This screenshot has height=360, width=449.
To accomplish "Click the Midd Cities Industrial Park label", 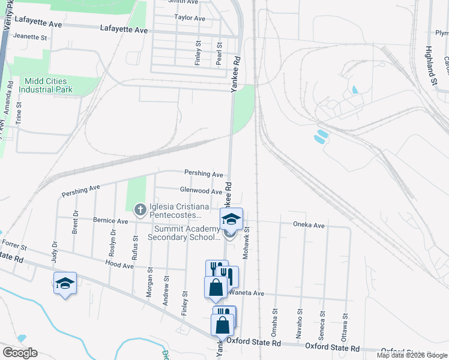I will (x=46, y=85).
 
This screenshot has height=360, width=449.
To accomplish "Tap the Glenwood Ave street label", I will (x=201, y=191).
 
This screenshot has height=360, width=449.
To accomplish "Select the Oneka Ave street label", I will (x=309, y=226).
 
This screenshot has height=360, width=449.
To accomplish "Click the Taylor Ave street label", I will (x=190, y=18).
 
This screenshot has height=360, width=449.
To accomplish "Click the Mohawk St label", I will (x=246, y=247).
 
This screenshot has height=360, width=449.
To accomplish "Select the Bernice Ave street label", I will (x=110, y=221).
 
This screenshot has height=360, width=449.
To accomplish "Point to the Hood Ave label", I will (x=119, y=263).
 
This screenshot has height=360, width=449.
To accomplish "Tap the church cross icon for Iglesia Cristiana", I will (x=139, y=209).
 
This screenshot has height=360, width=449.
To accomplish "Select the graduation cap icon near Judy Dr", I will (x=65, y=283).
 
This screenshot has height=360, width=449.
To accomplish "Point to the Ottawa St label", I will (x=345, y=325).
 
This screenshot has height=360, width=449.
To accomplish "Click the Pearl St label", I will (x=219, y=53).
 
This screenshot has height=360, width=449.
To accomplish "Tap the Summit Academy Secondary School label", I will (x=187, y=233).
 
